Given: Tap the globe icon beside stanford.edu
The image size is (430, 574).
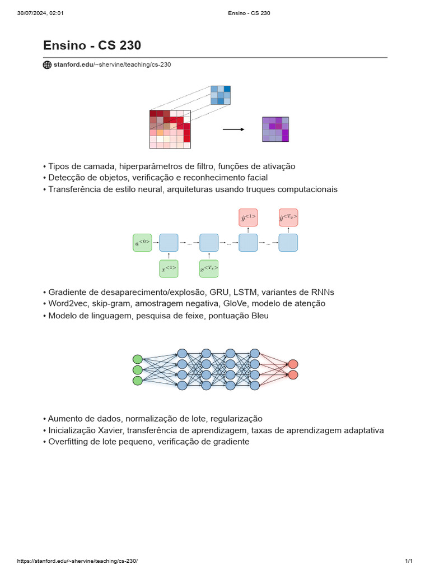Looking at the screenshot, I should pos(47,64).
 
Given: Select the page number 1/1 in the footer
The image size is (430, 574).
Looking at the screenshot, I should pos(409,561).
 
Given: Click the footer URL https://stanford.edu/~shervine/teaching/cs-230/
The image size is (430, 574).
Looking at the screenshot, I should pos(77,561).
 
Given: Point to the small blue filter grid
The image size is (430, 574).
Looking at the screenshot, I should pos(221,95).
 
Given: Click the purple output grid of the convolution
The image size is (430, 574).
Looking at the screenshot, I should pos(275,129).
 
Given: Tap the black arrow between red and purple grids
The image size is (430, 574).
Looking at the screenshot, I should pos(233,129).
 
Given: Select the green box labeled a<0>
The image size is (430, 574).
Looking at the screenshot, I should pos(142,243).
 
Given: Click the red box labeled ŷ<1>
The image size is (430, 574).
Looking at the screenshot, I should pos(248,217).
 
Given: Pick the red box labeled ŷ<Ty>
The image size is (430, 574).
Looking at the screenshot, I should pos(288,217).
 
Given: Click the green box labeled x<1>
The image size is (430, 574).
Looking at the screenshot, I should pos(169,269).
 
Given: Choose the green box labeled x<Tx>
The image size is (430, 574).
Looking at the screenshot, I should pos(209,269).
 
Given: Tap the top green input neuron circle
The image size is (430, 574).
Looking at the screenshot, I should pos(137,359).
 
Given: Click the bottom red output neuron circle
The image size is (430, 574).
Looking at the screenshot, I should pos(293,374).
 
